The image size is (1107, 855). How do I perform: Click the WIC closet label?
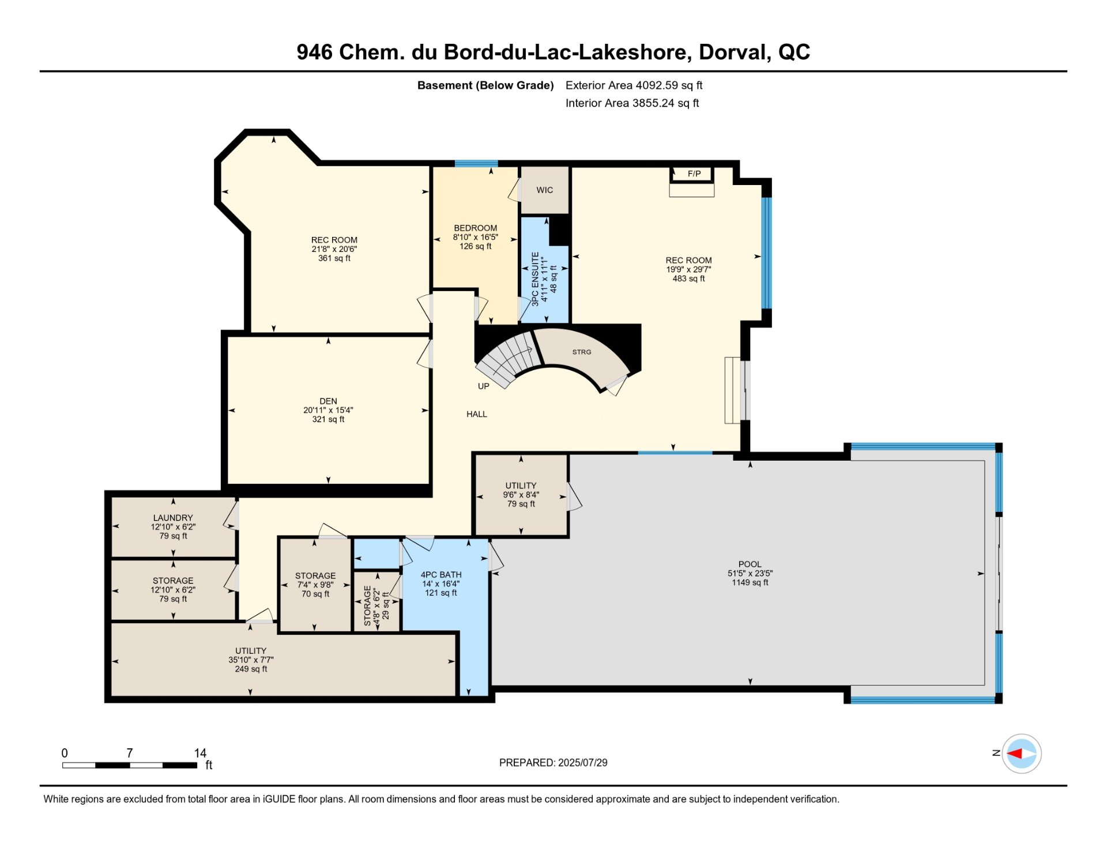pyautogui.click(x=544, y=190)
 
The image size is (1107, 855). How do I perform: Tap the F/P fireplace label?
pyautogui.click(x=694, y=174)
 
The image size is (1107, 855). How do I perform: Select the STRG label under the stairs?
pyautogui.click(x=582, y=352)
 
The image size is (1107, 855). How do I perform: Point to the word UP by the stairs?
pyautogui.click(x=483, y=386)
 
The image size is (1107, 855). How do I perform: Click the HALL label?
pyautogui.click(x=477, y=414)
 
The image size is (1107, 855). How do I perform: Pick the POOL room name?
pyautogui.click(x=750, y=564)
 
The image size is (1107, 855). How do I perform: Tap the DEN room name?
pyautogui.click(x=328, y=401)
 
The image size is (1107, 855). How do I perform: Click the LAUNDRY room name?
pyautogui.click(x=173, y=518)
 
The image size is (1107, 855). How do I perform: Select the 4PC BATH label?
pyautogui.click(x=441, y=575)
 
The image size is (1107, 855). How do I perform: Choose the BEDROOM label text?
pyautogui.click(x=475, y=228)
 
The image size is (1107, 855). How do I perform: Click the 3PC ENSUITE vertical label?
pyautogui.click(x=535, y=278)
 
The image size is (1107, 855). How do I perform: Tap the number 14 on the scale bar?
pyautogui.click(x=200, y=753)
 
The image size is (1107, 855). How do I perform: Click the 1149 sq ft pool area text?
pyautogui.click(x=750, y=582)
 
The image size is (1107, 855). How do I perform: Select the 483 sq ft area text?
pyautogui.click(x=688, y=278)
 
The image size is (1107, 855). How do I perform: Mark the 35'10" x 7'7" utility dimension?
pyautogui.click(x=251, y=660)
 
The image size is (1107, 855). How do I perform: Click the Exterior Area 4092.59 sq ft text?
pyautogui.click(x=634, y=85)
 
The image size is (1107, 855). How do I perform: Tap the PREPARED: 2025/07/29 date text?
pyautogui.click(x=553, y=763)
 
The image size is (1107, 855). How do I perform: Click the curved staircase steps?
pyautogui.click(x=505, y=360)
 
